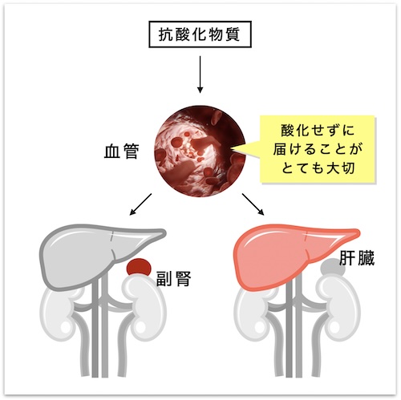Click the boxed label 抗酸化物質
point(200,34)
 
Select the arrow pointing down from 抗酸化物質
point(200,75)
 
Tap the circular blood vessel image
point(200,151)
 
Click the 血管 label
point(122,152)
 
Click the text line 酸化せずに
point(318,131)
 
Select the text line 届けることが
point(318,149)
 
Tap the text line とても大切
point(318,168)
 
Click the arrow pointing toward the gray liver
point(140,204)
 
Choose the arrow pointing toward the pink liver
point(253,204)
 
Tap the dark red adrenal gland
point(139,267)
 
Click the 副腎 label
point(173,279)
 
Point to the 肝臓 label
point(357,258)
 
